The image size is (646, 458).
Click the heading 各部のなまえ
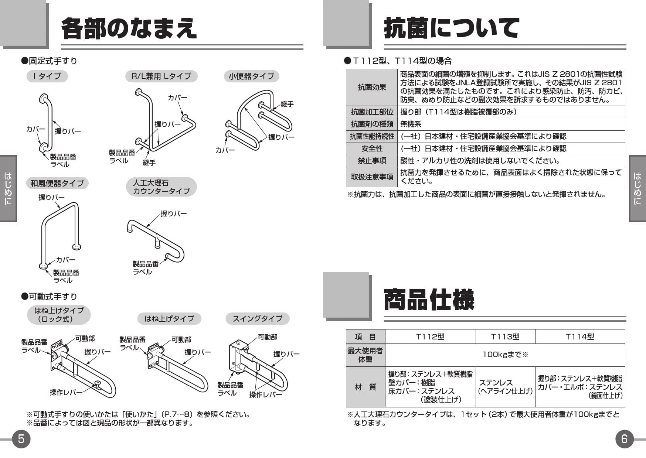[129, 28]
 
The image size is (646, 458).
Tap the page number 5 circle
[21, 439]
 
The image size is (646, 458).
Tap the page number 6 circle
[624, 439]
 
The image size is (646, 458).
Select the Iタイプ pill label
[47, 76]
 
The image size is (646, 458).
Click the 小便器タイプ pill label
[251, 76]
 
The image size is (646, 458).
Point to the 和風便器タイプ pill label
[57, 183]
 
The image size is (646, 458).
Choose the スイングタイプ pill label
[257, 318]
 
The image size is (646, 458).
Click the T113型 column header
[505, 336]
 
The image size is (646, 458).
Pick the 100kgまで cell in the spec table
[505, 355]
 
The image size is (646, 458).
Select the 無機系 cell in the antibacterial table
[411, 124]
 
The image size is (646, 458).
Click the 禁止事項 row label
[372, 161]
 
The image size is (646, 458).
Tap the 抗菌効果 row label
[372, 87]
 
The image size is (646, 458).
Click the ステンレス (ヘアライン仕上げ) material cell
[505, 387]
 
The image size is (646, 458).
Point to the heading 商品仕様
[429, 300]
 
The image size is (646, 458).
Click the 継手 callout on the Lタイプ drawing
[149, 163]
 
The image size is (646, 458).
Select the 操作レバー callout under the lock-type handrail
[66, 392]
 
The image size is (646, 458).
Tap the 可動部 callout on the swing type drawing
[267, 337]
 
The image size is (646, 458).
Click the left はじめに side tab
[8, 188]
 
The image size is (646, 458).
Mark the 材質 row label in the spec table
[365, 387]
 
